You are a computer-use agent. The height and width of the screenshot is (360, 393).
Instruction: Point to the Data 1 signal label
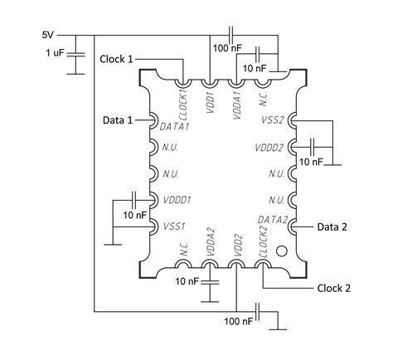pos(118,121)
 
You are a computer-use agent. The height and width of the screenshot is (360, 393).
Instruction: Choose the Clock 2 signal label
pos(334,289)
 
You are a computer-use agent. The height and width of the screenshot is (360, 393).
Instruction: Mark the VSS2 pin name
pos(273,120)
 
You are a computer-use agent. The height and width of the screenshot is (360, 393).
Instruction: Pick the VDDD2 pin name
pos(270,148)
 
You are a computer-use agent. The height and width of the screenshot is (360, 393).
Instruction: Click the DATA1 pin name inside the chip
pos(176,125)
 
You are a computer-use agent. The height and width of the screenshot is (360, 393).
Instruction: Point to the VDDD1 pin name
pos(177,200)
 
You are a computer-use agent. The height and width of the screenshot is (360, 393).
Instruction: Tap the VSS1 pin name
pos(174,226)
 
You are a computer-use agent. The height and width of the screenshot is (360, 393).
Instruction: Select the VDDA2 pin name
pos(211,244)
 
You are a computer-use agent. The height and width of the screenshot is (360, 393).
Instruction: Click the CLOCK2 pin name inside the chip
pos(264,243)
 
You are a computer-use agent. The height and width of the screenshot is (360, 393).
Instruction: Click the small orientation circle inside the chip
pos(281,250)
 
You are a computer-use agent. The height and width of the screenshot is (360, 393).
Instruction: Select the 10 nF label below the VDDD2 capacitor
pos(311,162)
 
